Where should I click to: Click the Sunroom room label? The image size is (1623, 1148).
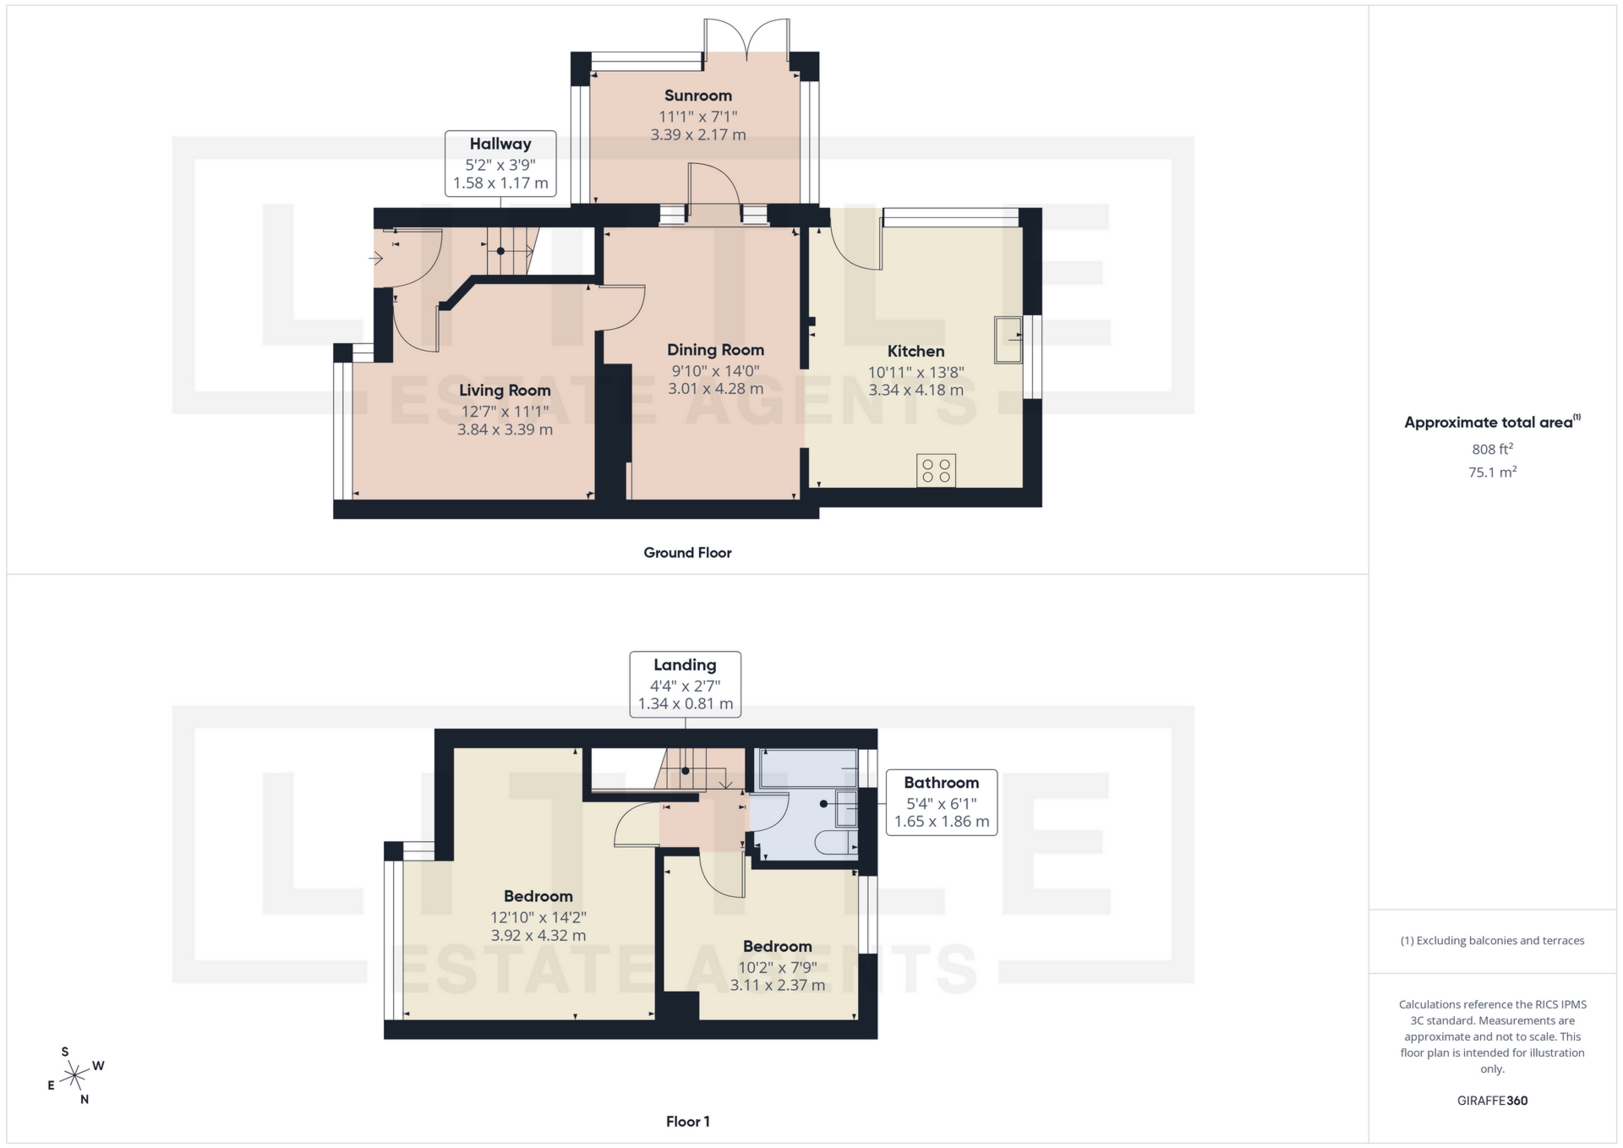[697, 96]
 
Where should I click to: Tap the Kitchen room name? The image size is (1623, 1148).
[915, 351]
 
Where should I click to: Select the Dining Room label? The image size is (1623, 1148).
[715, 349]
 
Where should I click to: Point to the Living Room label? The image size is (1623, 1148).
[505, 390]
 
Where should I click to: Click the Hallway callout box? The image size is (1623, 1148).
[500, 163]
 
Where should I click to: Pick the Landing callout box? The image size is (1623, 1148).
[685, 684]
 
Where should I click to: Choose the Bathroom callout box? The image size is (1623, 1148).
[941, 802]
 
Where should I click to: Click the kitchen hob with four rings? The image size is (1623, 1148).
[936, 471]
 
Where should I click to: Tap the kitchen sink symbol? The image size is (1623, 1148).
[1008, 340]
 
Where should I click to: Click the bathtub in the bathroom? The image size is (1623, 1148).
[809, 768]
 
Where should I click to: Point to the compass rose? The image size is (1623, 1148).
[75, 1076]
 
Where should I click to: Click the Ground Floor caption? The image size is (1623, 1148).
[687, 553]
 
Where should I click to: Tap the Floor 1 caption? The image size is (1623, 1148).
[687, 1122]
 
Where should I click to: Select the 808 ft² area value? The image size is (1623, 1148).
[1492, 449]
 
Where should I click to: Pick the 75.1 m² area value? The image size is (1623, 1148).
[1492, 472]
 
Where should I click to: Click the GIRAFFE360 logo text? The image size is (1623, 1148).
[1492, 1101]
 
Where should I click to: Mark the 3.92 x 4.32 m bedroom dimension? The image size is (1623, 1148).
[538, 936]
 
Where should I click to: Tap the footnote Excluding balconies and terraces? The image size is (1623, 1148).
[1492, 941]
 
